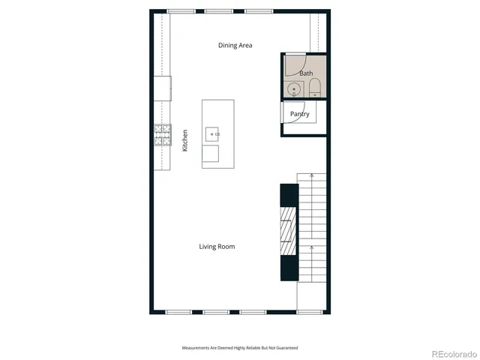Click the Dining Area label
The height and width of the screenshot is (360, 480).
pos(235,46)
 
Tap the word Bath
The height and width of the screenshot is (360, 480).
pos(306,73)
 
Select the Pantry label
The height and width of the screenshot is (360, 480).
pos(300,114)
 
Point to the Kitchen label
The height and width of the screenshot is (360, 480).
pos(185,141)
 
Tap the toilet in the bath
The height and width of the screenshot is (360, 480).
pos(314,88)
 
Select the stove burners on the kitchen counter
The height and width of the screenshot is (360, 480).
pos(162,134)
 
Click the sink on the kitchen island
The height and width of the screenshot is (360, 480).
pos(213,134)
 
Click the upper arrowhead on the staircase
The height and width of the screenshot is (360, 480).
pos(312,175)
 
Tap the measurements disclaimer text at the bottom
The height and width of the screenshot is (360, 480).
pos(240,348)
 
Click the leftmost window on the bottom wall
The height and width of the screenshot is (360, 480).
pos(178,311)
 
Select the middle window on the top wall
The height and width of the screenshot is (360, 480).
pos(218,11)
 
